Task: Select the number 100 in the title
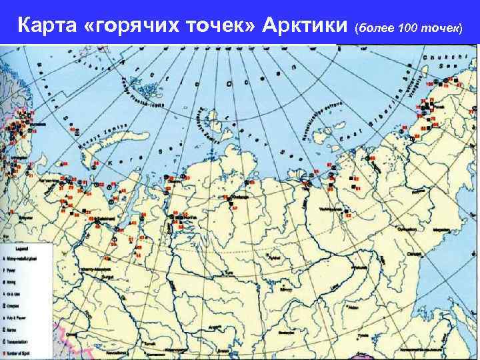coord(409,27)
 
